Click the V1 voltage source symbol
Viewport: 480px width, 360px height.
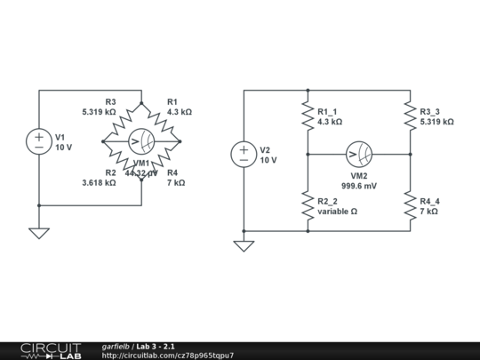(x=39, y=141)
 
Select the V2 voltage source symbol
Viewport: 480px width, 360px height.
(x=244, y=154)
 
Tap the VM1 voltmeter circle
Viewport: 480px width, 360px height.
(x=141, y=141)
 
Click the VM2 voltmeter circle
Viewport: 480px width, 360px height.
(x=359, y=154)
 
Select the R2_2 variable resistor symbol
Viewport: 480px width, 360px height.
(x=308, y=206)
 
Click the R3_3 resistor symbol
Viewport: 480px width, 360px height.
(x=410, y=116)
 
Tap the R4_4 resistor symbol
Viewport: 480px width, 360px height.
(x=410, y=206)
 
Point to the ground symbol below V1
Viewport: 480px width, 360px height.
(x=39, y=233)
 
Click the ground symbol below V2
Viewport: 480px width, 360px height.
(x=244, y=245)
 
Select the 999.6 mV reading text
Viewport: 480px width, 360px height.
(x=359, y=186)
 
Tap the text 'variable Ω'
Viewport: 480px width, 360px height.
(x=337, y=212)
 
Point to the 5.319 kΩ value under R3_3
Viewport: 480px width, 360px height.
(x=436, y=122)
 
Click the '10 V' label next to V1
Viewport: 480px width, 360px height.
(x=64, y=148)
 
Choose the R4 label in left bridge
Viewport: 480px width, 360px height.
(x=172, y=172)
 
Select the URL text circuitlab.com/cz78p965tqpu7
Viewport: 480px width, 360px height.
(x=168, y=356)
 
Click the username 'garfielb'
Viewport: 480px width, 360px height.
(x=116, y=346)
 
